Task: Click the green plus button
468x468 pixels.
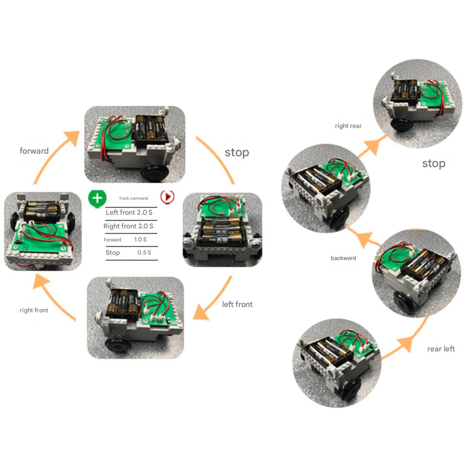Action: click(97, 197)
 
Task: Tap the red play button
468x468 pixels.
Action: click(167, 197)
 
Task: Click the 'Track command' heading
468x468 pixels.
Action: click(133, 198)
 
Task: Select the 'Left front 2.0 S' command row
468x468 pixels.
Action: click(129, 212)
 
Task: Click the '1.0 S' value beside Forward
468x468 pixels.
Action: click(140, 239)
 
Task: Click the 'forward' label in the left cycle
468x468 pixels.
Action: click(34, 151)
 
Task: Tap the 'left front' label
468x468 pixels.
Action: click(237, 304)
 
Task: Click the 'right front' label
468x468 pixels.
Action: click(34, 310)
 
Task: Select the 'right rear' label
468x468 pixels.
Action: click(348, 126)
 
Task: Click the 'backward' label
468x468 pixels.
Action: click(343, 258)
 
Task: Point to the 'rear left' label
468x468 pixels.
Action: click(441, 349)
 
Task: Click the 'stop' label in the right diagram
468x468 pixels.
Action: click(433, 164)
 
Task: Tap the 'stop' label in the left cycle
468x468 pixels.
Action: click(237, 153)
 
